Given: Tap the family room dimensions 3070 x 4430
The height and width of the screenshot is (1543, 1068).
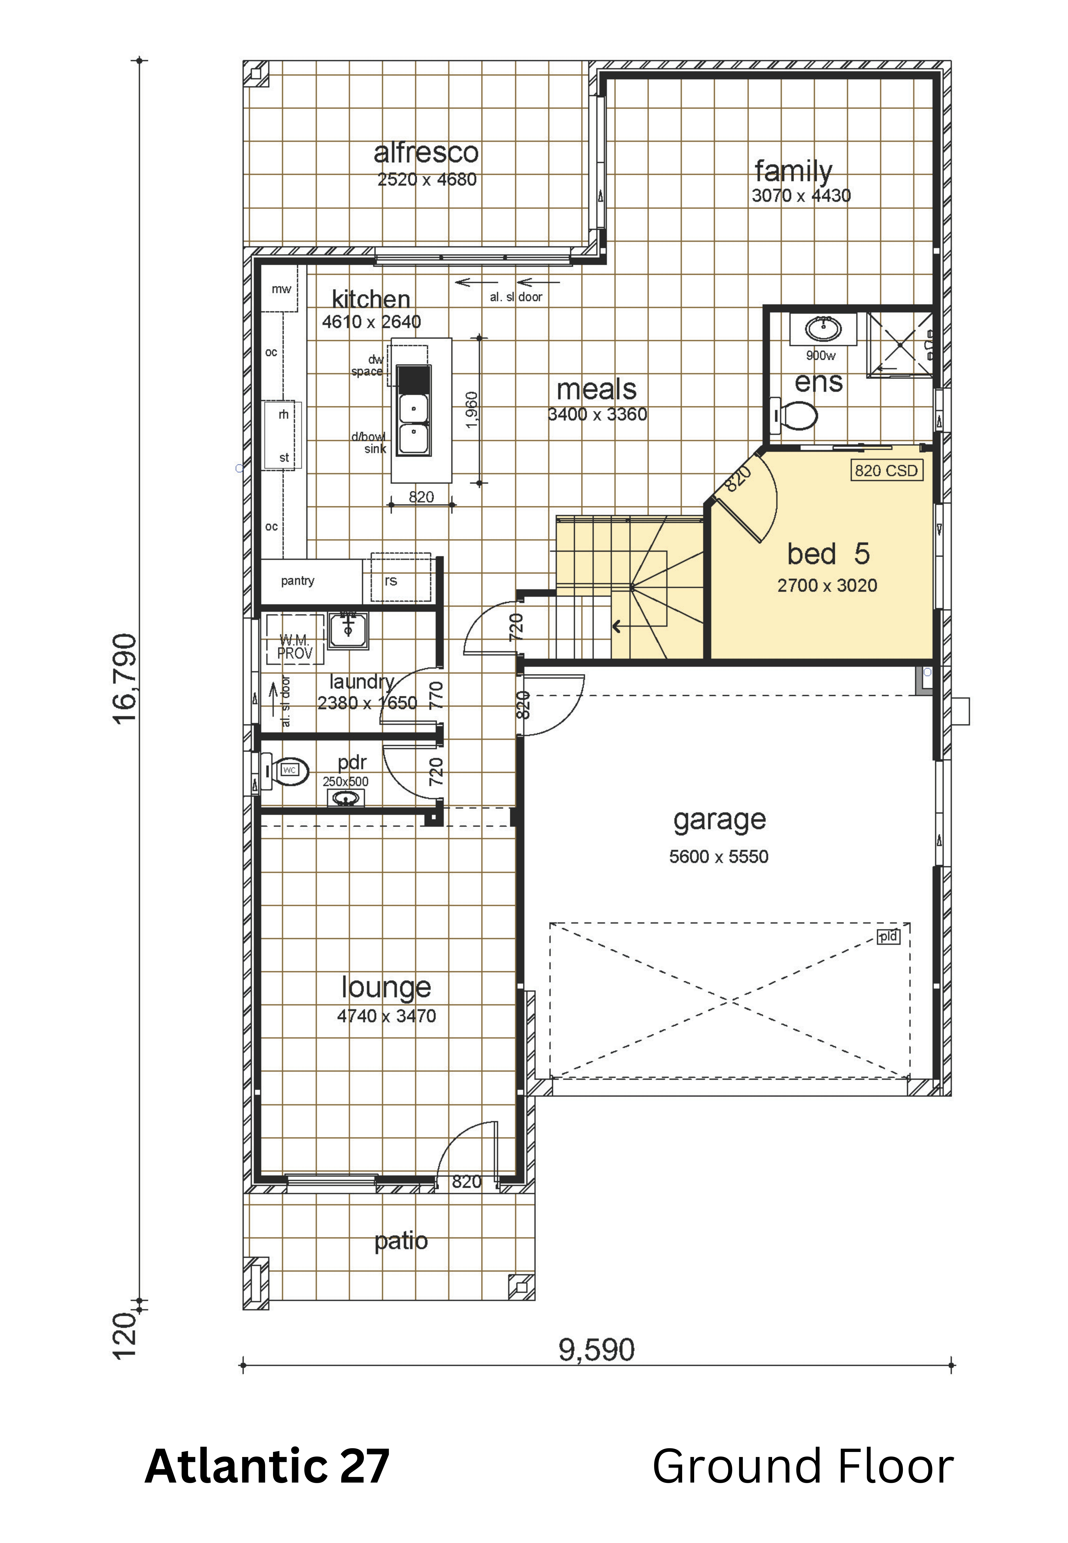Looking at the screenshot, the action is tap(801, 196).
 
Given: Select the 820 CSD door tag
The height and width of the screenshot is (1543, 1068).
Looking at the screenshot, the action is tap(886, 471).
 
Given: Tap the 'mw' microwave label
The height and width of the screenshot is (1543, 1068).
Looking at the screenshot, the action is tap(281, 289).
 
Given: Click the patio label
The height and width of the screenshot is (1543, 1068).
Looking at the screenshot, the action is tap(401, 1240).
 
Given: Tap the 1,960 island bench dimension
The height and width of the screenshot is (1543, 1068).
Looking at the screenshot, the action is tap(471, 410).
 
